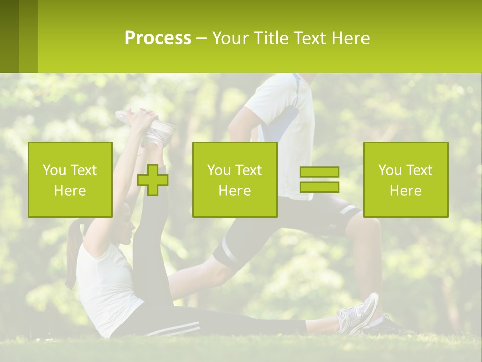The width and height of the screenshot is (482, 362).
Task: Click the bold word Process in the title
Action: coord(158,38)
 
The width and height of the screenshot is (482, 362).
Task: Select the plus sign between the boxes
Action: coord(153,180)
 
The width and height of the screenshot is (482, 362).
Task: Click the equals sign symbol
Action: coord(319,179)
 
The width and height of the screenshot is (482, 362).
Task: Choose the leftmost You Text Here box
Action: coord(70,179)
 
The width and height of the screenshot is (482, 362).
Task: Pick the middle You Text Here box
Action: coord(234,179)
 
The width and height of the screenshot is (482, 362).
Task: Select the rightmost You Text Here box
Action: coord(406,179)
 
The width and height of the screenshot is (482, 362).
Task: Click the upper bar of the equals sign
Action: coord(319,172)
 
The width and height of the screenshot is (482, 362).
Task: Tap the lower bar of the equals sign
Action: coord(319,187)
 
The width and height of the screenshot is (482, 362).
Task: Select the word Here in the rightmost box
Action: coord(406,190)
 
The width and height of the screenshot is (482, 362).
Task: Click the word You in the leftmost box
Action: coord(54,170)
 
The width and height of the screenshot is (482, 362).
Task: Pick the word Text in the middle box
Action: coord(249,170)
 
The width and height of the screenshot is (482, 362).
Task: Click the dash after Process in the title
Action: coord(202,38)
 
